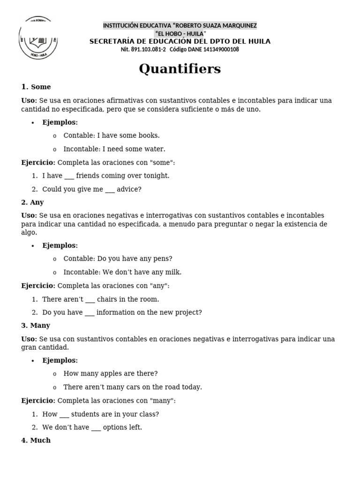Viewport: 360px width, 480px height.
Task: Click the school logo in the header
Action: (38, 38)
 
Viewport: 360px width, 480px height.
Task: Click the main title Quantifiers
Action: (180, 69)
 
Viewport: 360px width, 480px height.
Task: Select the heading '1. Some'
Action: (36, 87)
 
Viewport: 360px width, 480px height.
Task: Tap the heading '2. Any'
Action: (32, 202)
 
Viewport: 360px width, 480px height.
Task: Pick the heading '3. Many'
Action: (36, 325)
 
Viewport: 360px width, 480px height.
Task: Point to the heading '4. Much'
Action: (36, 441)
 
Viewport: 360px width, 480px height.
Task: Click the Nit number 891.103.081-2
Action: (143, 50)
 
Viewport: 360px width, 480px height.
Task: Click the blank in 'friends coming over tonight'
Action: (69, 176)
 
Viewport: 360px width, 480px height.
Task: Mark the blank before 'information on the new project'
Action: (90, 313)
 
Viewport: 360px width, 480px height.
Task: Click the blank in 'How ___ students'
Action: (64, 415)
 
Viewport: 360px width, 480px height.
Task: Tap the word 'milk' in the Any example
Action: (173, 272)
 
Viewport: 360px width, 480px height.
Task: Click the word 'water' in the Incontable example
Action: (155, 149)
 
